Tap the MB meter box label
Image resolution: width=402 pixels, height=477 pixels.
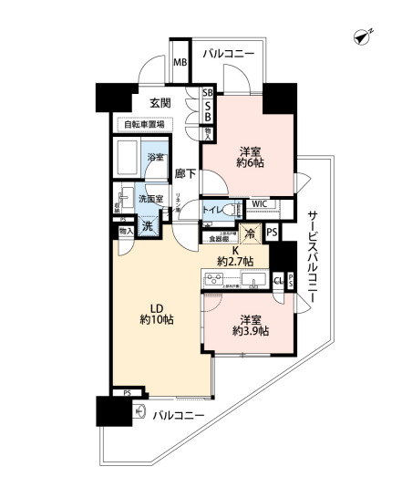[180, 63]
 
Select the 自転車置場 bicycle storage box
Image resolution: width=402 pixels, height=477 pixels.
[144, 123]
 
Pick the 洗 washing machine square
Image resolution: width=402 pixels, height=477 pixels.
[146, 224]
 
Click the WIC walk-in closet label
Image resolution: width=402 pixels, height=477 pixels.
[259, 204]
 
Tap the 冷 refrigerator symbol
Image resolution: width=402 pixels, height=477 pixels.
[251, 232]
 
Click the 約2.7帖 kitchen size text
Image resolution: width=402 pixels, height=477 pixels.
[234, 261]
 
